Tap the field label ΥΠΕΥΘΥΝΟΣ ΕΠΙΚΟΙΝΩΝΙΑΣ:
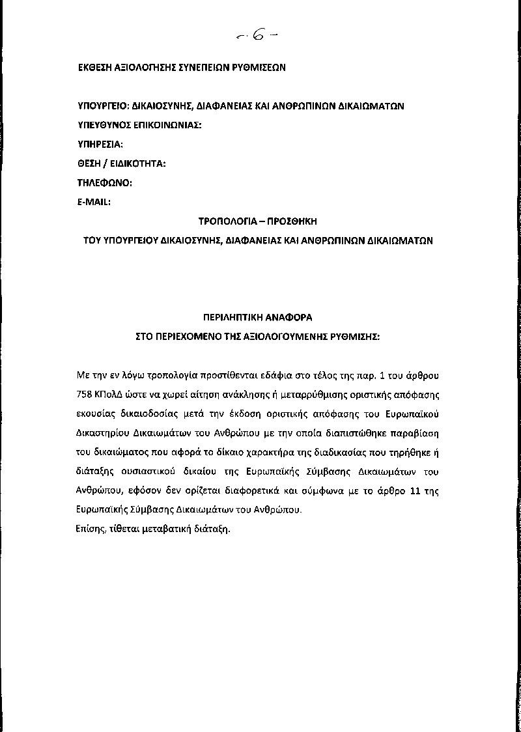[x=139, y=125]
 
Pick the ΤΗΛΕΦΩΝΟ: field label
[x=105, y=183]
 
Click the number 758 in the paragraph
[x=85, y=395]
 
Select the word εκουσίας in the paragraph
[x=96, y=414]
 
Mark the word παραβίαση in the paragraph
[x=419, y=432]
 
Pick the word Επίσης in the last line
[x=91, y=529]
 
